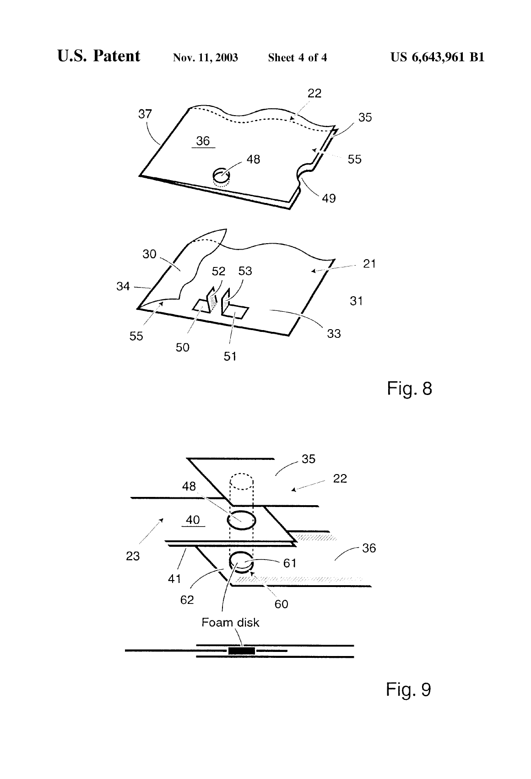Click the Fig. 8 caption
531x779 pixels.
(x=410, y=388)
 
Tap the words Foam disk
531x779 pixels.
(x=231, y=622)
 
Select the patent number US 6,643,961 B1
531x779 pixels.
(x=437, y=57)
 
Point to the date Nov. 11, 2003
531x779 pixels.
(x=206, y=58)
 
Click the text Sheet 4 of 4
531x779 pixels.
(x=298, y=58)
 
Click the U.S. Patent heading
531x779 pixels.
(x=98, y=56)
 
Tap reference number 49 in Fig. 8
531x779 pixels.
(x=329, y=198)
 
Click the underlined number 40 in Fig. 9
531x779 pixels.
(x=193, y=520)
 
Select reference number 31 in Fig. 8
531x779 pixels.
(x=356, y=301)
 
